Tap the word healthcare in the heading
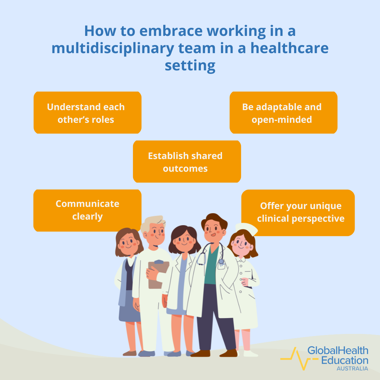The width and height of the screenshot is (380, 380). coord(289,48)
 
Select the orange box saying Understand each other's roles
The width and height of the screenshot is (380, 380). coord(87,113)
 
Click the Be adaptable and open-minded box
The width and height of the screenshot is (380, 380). coord(283,113)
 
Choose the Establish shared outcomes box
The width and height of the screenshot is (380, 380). coord(186,161)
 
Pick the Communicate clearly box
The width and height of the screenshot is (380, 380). coord(87,210)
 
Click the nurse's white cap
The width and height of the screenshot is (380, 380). coord(246,229)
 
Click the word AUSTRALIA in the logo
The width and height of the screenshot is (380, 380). coord(352,368)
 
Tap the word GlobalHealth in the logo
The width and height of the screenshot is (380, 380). coord(338,350)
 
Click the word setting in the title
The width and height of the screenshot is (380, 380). coord(190,65)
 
